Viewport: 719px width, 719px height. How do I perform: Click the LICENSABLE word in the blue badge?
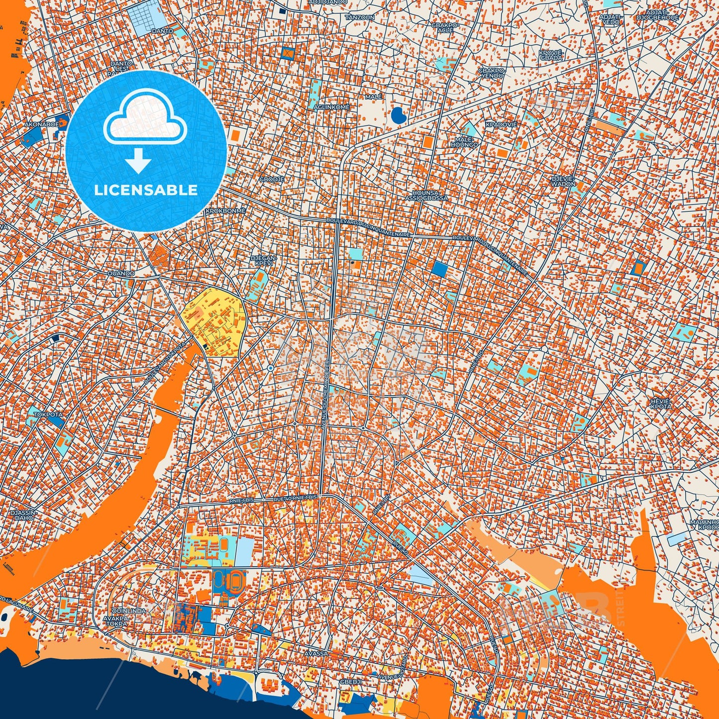pyautogui.click(x=146, y=190)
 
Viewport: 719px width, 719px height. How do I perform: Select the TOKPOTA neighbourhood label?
pyautogui.click(x=48, y=414)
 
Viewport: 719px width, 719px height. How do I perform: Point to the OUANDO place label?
pyautogui.click(x=121, y=273)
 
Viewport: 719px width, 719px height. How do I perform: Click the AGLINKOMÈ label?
pyautogui.click(x=331, y=107)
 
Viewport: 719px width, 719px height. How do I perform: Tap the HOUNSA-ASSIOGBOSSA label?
pyautogui.click(x=426, y=195)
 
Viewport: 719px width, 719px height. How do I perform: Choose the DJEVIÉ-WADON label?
pyautogui.click(x=563, y=181)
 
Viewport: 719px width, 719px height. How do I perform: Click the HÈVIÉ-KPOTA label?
pyautogui.click(x=661, y=404)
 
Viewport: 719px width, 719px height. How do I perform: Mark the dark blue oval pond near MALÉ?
pyautogui.click(x=398, y=116)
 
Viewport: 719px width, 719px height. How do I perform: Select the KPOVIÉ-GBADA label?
pyautogui.click(x=551, y=55)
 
